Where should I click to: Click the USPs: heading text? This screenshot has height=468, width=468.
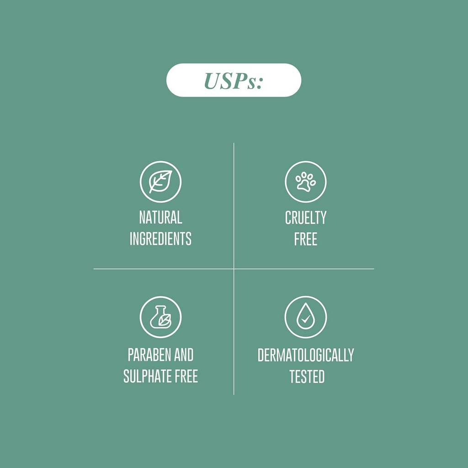coord(234,80)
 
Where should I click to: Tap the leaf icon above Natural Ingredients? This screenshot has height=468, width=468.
coord(160,182)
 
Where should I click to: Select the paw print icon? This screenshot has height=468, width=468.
coord(306,182)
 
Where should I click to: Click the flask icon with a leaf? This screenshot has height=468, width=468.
coord(160,317)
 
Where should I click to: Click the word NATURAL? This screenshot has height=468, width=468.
coord(160,217)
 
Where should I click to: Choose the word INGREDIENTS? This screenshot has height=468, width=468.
coord(160,239)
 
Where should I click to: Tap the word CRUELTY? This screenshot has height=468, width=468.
coord(306,218)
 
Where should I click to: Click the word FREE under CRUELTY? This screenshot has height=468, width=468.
coord(306,239)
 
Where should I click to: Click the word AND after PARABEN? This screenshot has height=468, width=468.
coord(184,355)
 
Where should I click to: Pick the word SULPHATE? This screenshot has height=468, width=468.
coord(147,376)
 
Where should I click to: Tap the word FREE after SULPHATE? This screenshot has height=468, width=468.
coord(186,376)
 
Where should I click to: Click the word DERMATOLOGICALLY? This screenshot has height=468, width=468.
coord(306,355)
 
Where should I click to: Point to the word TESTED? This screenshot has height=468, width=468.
coord(307,377)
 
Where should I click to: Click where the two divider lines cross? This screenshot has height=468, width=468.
coord(234,269)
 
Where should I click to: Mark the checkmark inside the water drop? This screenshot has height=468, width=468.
coord(305,319)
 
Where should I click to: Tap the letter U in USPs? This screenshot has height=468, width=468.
coord(212,81)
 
